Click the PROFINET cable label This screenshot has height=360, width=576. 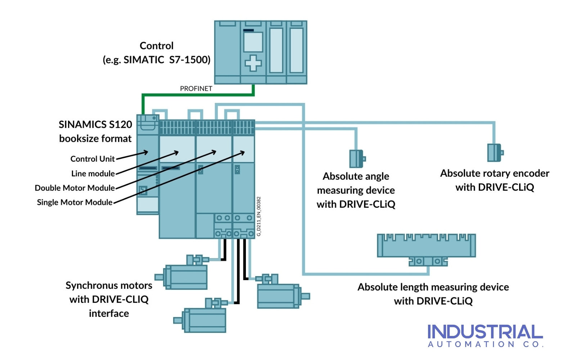196,89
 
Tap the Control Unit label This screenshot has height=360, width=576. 93,159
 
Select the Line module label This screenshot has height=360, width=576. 93,174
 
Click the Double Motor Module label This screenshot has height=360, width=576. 75,188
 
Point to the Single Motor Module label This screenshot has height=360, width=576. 75,202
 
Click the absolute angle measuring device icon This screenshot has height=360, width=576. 357,159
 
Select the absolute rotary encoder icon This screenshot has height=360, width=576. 495,153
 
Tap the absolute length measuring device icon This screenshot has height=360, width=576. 427,248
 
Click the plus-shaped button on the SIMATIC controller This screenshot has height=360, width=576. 253,63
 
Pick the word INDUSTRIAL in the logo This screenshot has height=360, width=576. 485,332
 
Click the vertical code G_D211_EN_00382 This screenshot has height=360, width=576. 259,216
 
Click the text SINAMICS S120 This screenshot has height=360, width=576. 95,125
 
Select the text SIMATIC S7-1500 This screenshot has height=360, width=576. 167,60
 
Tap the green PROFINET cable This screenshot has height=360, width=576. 198,95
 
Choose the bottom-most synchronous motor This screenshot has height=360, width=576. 203,318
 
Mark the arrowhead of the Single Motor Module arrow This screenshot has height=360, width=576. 244,153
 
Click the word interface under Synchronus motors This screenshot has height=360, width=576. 109,314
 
